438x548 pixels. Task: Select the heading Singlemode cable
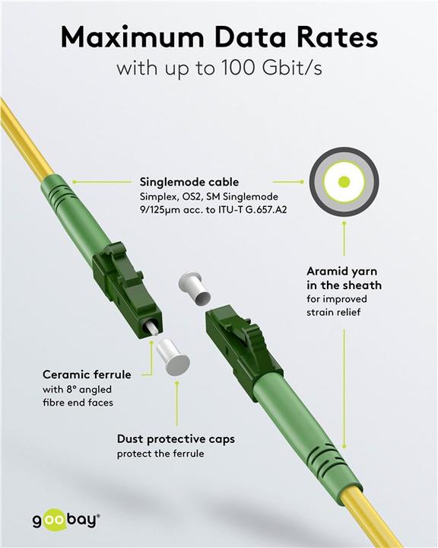189,183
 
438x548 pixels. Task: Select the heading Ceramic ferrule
87,374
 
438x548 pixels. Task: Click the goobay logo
65,520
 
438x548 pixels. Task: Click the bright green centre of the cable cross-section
344,182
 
